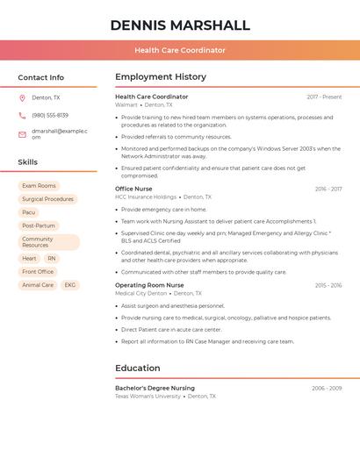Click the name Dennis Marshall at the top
pyautogui.click(x=180, y=25)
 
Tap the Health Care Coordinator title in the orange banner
pyautogui.click(x=180, y=50)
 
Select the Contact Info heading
pyautogui.click(x=41, y=77)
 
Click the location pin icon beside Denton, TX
pyautogui.click(x=22, y=97)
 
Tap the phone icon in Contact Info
pyautogui.click(x=22, y=115)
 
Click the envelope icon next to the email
pyautogui.click(x=22, y=134)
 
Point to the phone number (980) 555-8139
pyautogui.click(x=50, y=115)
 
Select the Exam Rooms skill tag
pyautogui.click(x=39, y=186)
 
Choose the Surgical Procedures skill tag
pyautogui.click(x=47, y=199)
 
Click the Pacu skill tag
pyautogui.click(x=29, y=212)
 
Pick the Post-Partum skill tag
pyautogui.click(x=39, y=225)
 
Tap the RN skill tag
pyautogui.click(x=52, y=259)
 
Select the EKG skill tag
pyautogui.click(x=70, y=285)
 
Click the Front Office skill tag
pyautogui.click(x=38, y=272)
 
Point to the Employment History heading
pyautogui.click(x=161, y=77)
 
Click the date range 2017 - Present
pyautogui.click(x=324, y=97)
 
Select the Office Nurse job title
pyautogui.click(x=133, y=189)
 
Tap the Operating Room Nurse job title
pyautogui.click(x=149, y=285)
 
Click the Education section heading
pyautogui.click(x=138, y=368)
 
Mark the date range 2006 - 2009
pyautogui.click(x=327, y=388)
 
